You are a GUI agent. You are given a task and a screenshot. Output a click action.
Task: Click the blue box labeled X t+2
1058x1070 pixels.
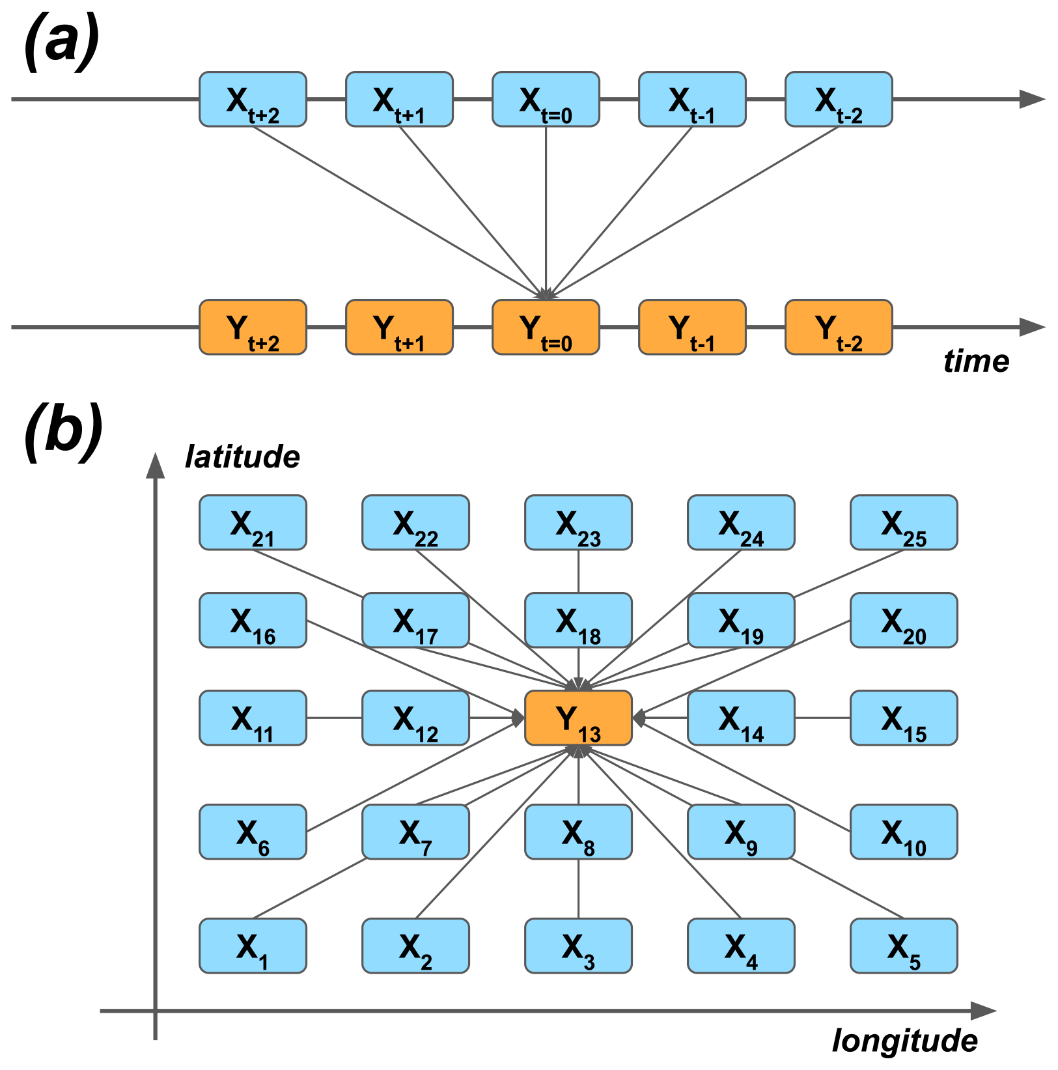253,99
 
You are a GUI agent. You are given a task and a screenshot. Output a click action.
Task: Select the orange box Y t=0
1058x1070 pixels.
546,327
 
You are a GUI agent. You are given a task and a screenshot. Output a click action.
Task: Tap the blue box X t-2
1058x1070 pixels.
839,99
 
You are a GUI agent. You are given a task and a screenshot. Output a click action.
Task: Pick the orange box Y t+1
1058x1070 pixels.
399,327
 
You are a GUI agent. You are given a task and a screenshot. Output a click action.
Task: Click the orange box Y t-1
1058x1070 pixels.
692,327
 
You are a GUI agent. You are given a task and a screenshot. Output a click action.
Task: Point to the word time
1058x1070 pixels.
976,361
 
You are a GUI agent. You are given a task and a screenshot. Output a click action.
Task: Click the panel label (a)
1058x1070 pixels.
61,42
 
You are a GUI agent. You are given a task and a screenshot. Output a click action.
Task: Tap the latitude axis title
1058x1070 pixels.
242,457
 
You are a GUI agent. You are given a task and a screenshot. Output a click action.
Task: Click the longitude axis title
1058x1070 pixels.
905,1041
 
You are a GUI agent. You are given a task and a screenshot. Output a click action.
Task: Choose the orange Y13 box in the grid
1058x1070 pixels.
578,718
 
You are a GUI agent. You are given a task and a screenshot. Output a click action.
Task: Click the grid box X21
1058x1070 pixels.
253,522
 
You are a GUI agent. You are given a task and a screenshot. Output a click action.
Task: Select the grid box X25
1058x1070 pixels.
904,522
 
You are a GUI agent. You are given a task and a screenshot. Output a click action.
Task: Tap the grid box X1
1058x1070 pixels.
253,946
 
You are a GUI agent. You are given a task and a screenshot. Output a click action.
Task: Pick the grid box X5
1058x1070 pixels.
904,946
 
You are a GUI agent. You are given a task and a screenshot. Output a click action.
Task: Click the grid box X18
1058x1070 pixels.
578,620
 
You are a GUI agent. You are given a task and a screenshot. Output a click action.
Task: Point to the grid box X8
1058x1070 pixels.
578,832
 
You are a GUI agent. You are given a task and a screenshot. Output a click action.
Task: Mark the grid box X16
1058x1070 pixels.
253,620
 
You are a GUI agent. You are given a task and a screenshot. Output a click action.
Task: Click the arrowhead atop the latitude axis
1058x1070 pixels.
155,465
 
